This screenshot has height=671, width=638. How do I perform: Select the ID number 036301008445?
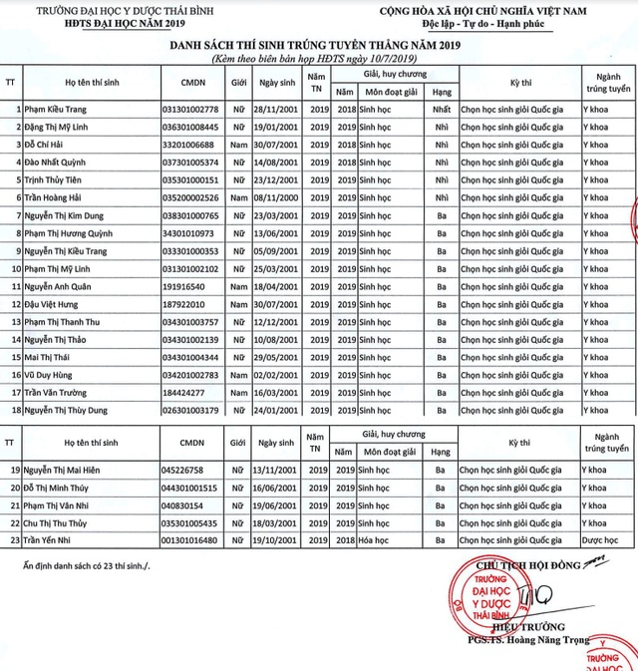[188, 127]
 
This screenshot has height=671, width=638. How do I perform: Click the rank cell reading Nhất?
[442, 109]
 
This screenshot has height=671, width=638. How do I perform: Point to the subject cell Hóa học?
[381, 539]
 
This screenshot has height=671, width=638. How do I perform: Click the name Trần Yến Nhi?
[54, 539]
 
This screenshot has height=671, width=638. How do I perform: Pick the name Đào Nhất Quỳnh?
[60, 162]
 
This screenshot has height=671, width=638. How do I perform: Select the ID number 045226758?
[181, 469]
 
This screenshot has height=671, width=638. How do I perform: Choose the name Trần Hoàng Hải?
[59, 197]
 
